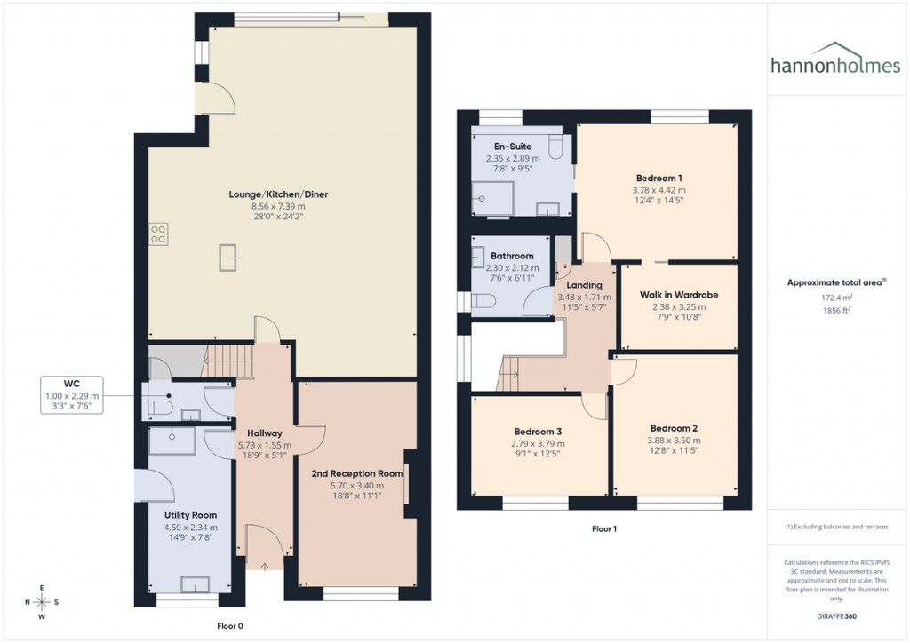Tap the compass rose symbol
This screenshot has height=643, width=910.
click(42, 601)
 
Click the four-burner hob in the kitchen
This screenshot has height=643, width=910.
click(158, 234)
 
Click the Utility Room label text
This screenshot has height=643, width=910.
click(190, 515)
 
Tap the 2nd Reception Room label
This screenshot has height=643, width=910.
click(356, 474)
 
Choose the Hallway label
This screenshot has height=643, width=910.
click(265, 433)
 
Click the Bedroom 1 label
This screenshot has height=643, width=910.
click(659, 177)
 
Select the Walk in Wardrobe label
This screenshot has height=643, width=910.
click(678, 295)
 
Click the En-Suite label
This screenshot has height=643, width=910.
click(512, 147)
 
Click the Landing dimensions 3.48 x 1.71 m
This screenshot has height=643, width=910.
click(585, 297)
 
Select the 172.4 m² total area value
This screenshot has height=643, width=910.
click(835, 299)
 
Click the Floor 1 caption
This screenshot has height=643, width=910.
click(604, 529)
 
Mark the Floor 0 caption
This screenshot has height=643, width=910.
click(230, 625)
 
